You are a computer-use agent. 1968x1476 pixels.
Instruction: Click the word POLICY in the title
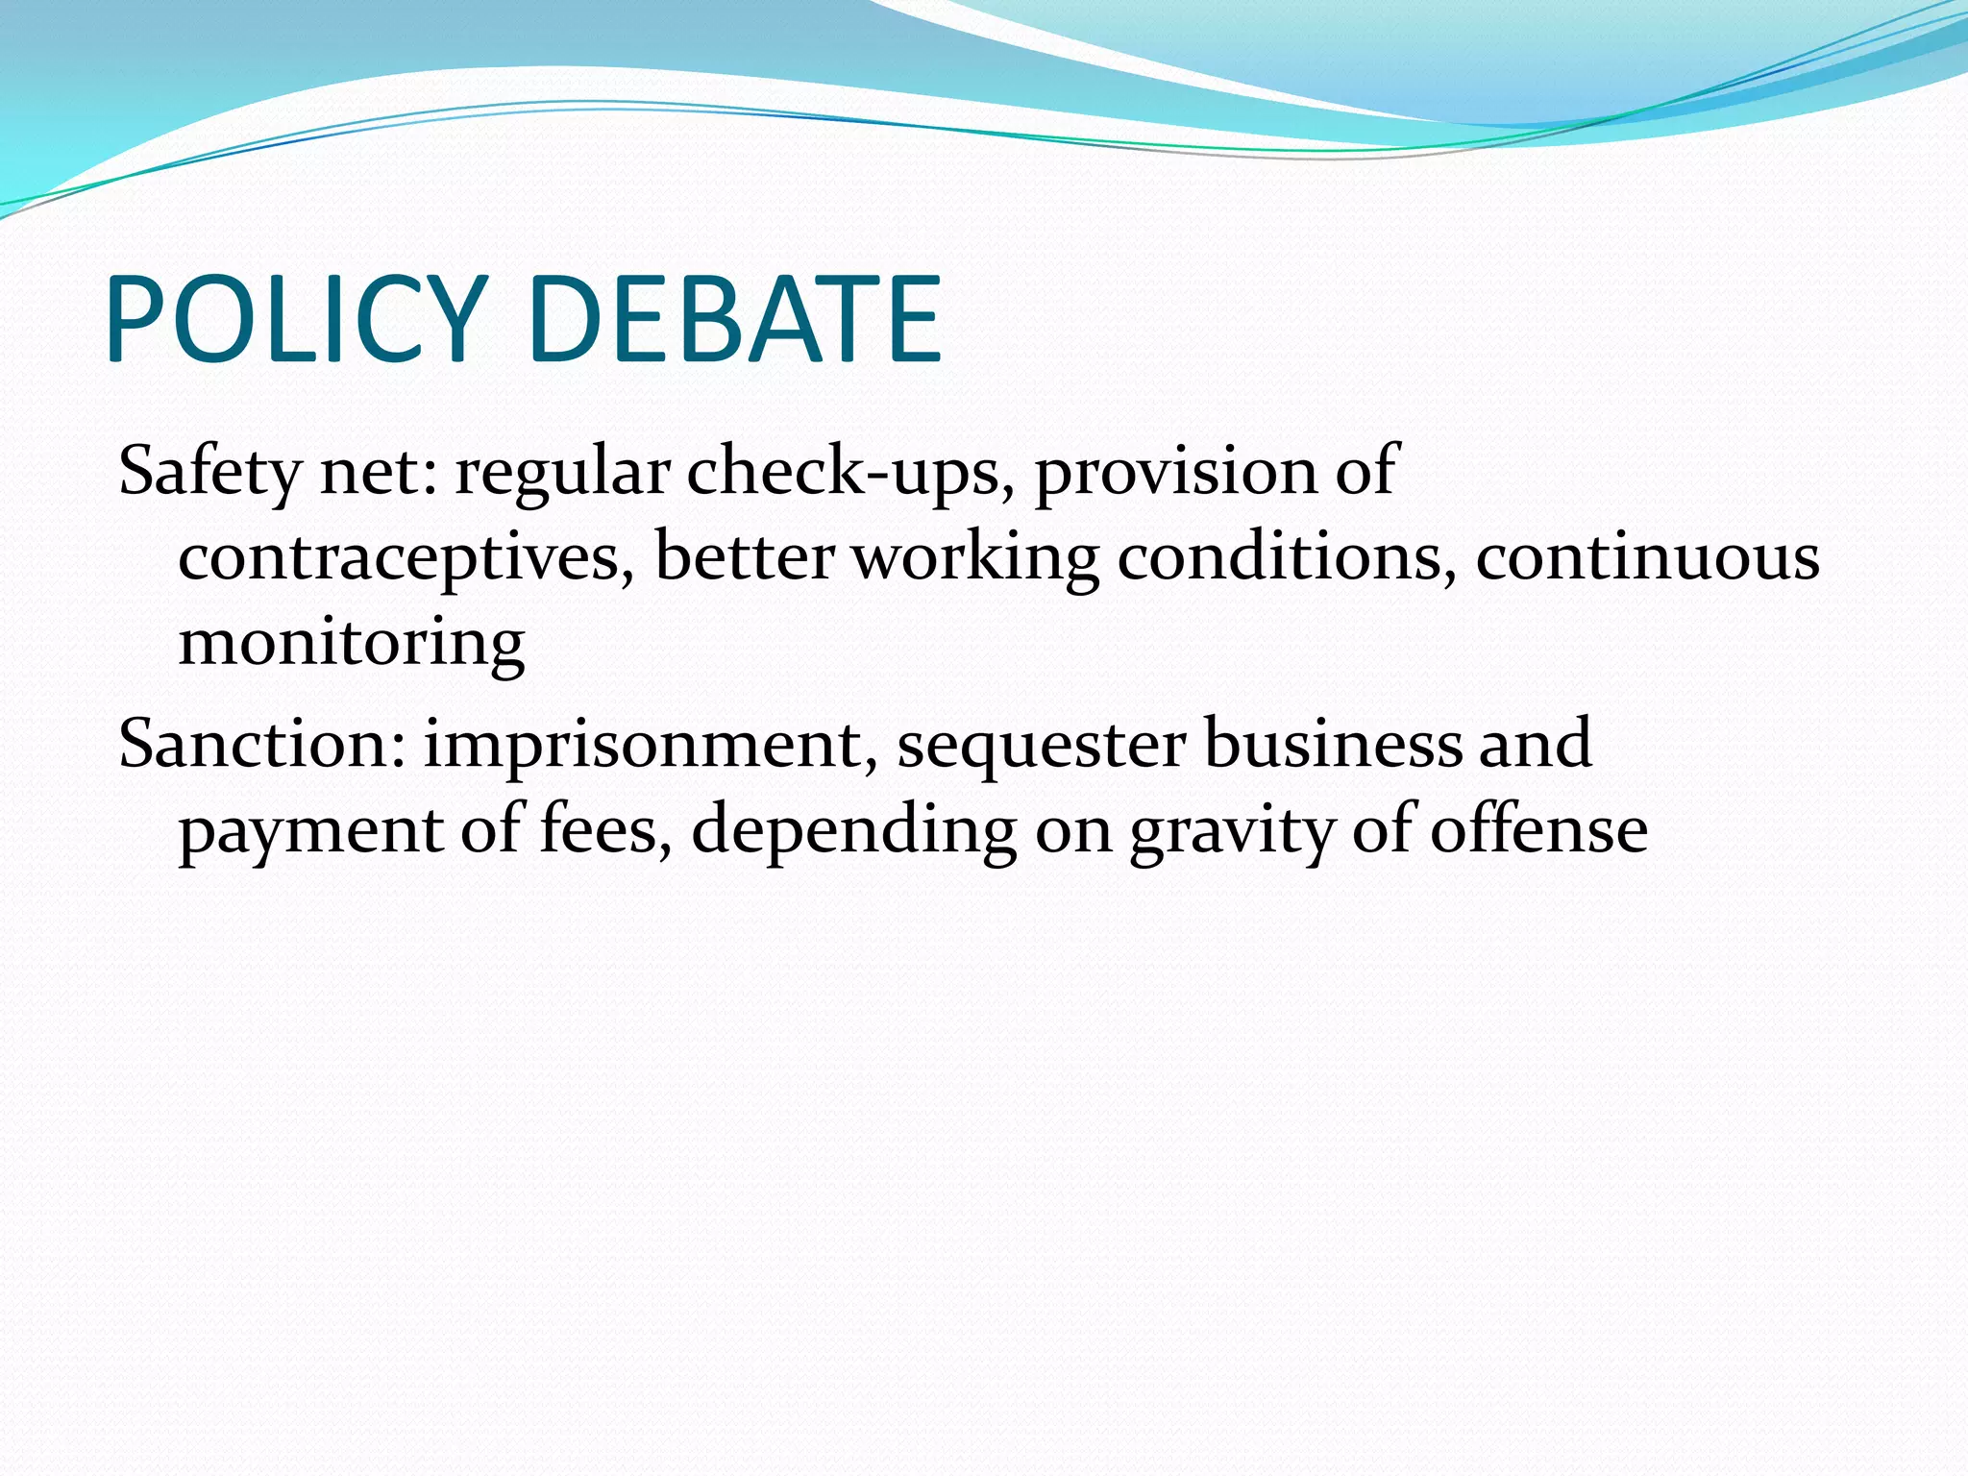click(x=293, y=320)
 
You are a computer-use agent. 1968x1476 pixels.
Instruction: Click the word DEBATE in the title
click(x=735, y=320)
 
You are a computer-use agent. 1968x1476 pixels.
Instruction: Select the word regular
click(x=562, y=473)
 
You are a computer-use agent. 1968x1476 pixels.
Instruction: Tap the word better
click(x=745, y=557)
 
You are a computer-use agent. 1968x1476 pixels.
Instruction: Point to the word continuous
click(x=1647, y=557)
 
